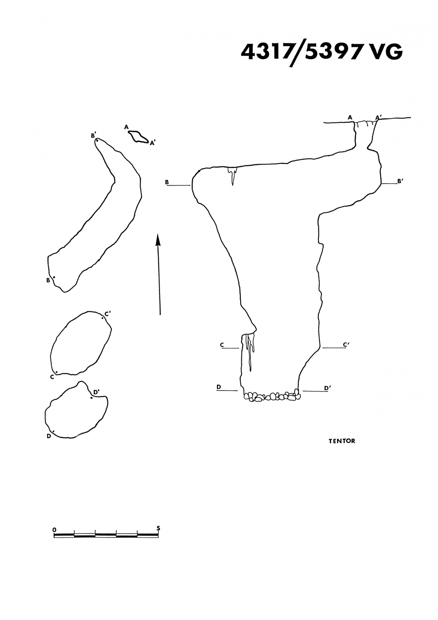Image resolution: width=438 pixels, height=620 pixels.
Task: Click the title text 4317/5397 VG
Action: click(321, 53)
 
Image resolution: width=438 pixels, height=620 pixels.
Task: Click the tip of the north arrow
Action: click(158, 234)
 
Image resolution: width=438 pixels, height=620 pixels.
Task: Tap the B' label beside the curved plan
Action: click(93, 135)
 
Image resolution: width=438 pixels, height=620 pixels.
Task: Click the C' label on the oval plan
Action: click(107, 314)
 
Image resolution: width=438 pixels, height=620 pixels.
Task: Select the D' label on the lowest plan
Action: click(96, 392)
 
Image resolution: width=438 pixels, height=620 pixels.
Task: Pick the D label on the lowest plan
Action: click(49, 436)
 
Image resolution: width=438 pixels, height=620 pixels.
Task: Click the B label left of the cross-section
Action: click(167, 182)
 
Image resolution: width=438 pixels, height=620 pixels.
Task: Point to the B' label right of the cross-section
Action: click(400, 181)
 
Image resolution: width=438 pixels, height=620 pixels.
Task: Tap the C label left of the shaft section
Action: click(222, 345)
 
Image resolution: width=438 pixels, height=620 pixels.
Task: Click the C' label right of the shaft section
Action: click(346, 345)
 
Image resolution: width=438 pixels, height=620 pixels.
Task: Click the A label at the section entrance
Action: click(350, 118)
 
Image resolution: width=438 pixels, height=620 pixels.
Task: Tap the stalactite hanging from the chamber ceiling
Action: click(232, 175)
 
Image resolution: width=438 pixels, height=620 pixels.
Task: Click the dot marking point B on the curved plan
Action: click(54, 277)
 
